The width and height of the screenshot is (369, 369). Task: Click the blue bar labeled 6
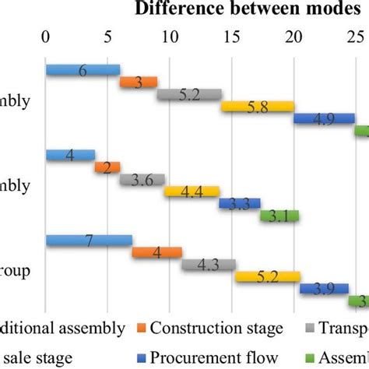tap(83, 70)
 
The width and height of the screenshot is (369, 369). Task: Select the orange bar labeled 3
tap(139, 82)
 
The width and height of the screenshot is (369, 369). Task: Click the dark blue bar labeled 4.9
tap(324, 118)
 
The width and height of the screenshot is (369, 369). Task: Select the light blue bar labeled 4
tap(70, 155)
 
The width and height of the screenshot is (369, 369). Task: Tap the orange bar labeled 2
tap(107, 167)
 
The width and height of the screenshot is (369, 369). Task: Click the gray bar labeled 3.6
tap(142, 179)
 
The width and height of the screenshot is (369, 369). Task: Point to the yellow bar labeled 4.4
tap(192, 192)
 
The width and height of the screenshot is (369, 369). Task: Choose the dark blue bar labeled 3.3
tap(239, 203)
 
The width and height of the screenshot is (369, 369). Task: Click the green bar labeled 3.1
tap(279, 216)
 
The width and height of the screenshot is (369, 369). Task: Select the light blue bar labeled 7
tap(89, 240)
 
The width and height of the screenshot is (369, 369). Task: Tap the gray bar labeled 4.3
tap(208, 265)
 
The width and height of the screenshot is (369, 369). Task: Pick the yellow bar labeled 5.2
tap(268, 276)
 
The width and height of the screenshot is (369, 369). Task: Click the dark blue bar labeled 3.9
tap(324, 288)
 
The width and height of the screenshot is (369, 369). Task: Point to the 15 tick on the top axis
tap(232, 37)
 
